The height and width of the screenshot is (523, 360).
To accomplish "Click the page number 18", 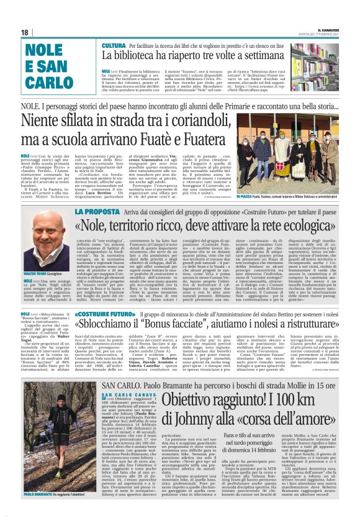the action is click(25, 32).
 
